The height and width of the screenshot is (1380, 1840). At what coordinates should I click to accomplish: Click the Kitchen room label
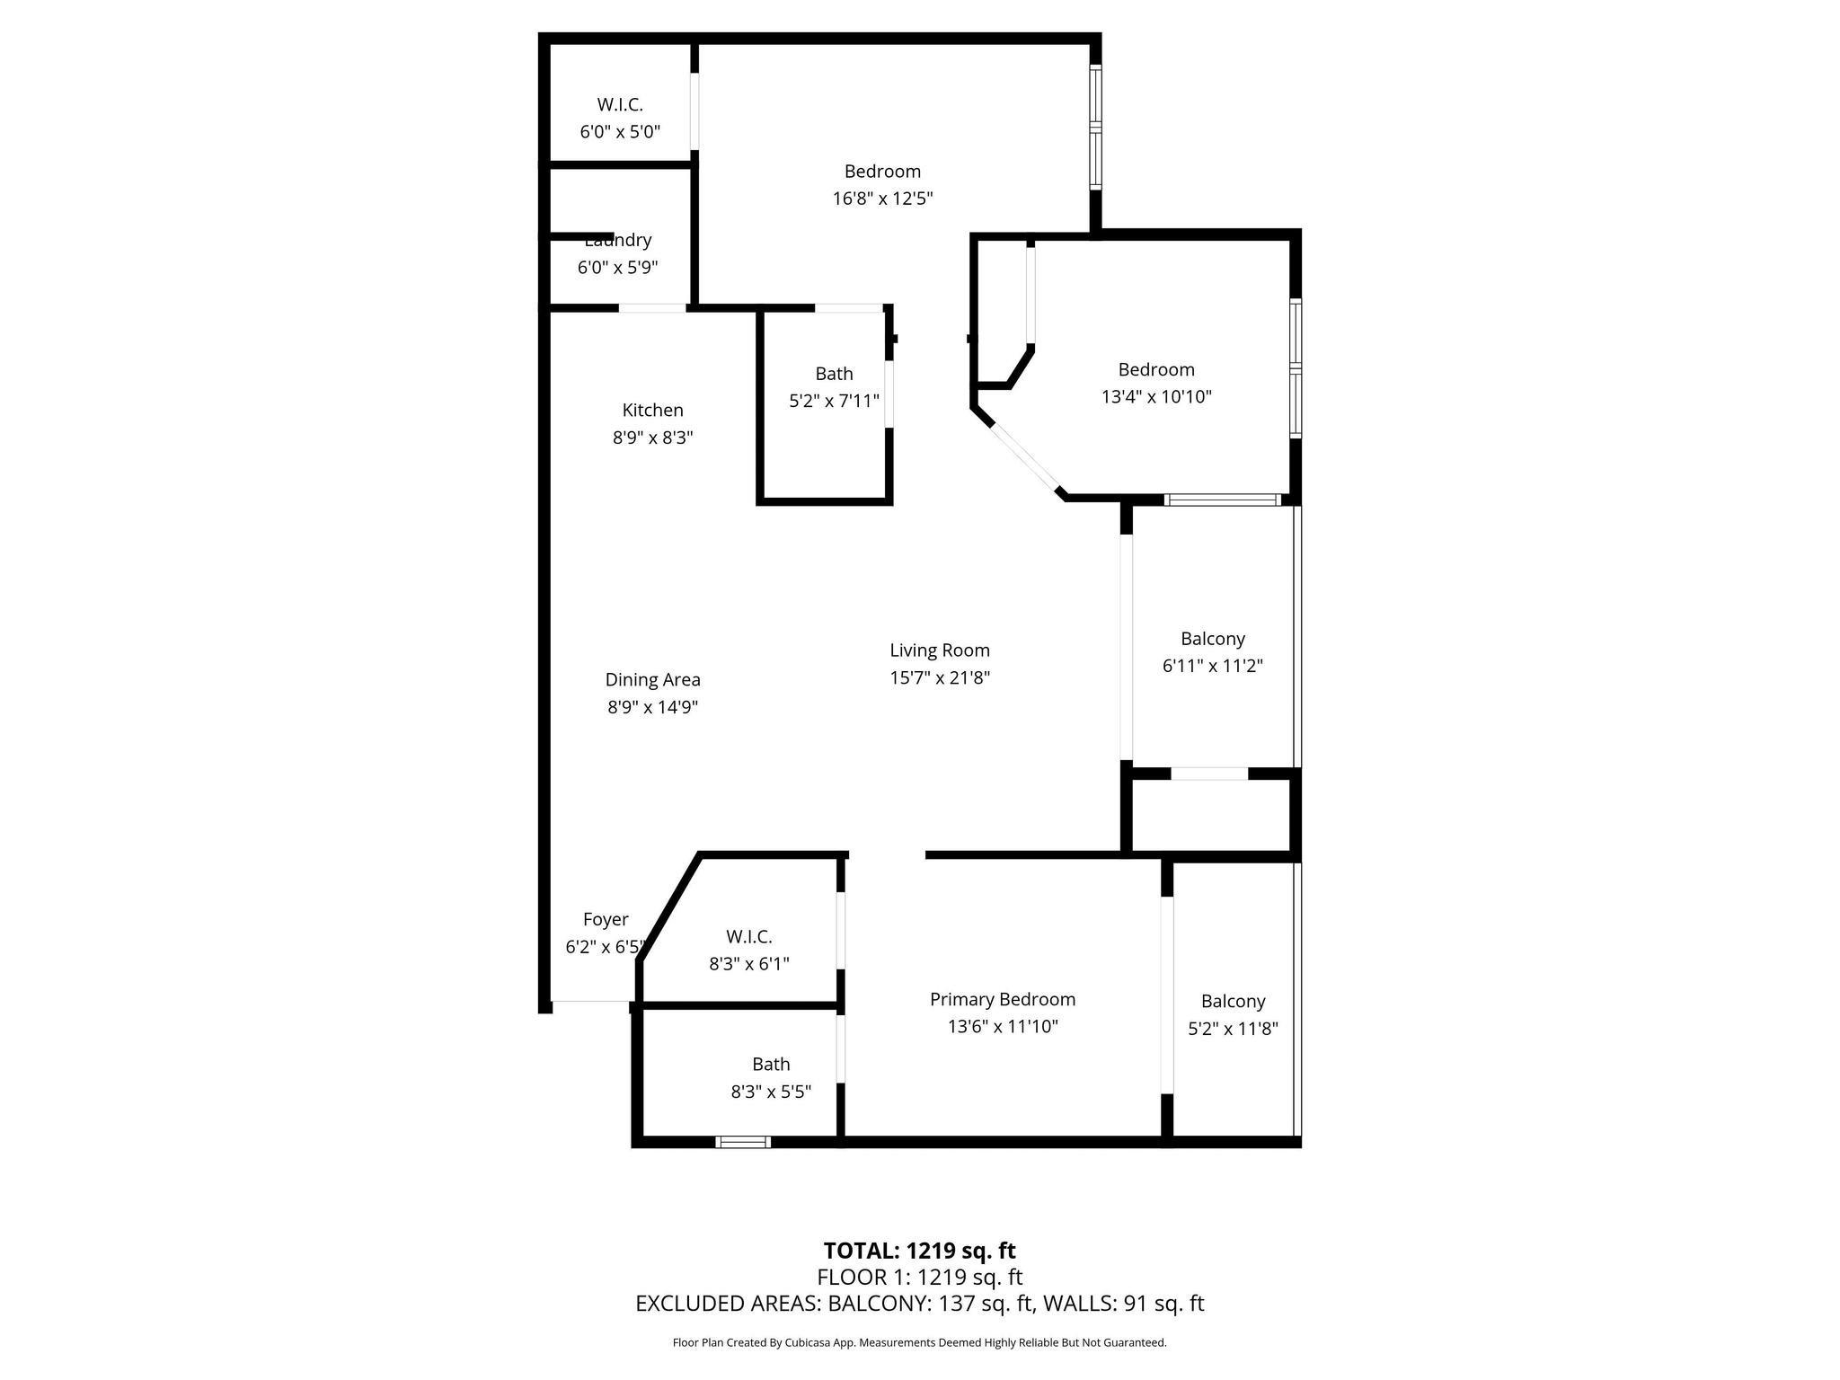point(652,411)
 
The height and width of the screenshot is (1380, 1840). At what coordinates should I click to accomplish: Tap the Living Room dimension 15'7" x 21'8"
point(940,677)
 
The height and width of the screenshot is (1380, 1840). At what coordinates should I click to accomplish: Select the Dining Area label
point(652,680)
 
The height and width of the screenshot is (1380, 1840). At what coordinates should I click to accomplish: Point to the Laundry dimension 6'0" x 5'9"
point(617,268)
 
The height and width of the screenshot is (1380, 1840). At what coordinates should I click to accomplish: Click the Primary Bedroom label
point(1002,999)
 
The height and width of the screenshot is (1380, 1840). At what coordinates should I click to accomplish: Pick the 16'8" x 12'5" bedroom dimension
point(882,199)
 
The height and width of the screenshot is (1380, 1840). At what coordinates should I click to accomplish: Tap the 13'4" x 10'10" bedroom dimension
point(1156,396)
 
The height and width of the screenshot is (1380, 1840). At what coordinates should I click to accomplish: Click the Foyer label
point(606,919)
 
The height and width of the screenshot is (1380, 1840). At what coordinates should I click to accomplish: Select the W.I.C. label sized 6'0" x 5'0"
point(620,104)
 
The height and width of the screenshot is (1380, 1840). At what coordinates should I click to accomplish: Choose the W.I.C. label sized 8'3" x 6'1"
point(748,937)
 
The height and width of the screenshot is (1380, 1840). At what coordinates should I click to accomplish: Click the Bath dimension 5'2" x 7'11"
point(834,401)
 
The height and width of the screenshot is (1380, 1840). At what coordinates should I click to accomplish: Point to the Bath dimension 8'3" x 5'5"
point(771,1092)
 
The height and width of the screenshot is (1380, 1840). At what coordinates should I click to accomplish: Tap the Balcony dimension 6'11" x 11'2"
point(1212,666)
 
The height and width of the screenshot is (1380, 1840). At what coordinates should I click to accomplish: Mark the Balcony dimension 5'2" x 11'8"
point(1233,1029)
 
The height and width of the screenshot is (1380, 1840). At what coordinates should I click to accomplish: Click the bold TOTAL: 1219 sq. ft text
point(919,1251)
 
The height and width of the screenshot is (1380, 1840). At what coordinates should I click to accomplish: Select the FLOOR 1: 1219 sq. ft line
point(919,1277)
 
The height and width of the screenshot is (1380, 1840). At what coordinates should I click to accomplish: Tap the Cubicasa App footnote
point(919,1343)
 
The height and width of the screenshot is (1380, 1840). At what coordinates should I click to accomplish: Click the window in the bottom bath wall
point(743,1142)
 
